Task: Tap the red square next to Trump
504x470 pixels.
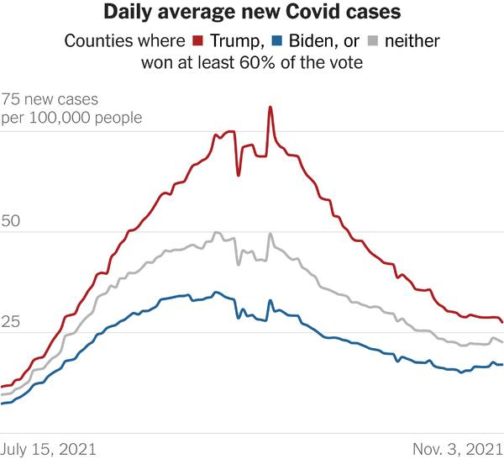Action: [199, 40]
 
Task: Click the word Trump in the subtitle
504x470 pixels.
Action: [236, 40]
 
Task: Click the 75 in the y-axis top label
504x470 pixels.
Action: [11, 98]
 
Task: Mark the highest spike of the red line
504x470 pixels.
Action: [270, 108]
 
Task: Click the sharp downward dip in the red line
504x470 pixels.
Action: [239, 174]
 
